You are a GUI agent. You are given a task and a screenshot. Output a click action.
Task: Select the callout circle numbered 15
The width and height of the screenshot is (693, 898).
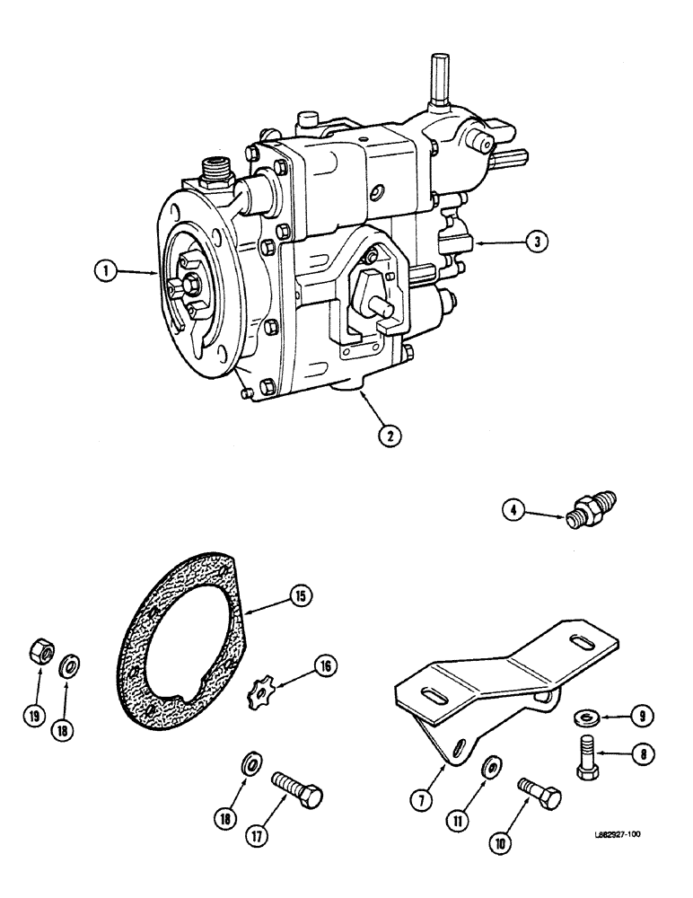(x=296, y=594)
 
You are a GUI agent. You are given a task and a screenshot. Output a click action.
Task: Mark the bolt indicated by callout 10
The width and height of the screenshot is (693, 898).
(x=539, y=791)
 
